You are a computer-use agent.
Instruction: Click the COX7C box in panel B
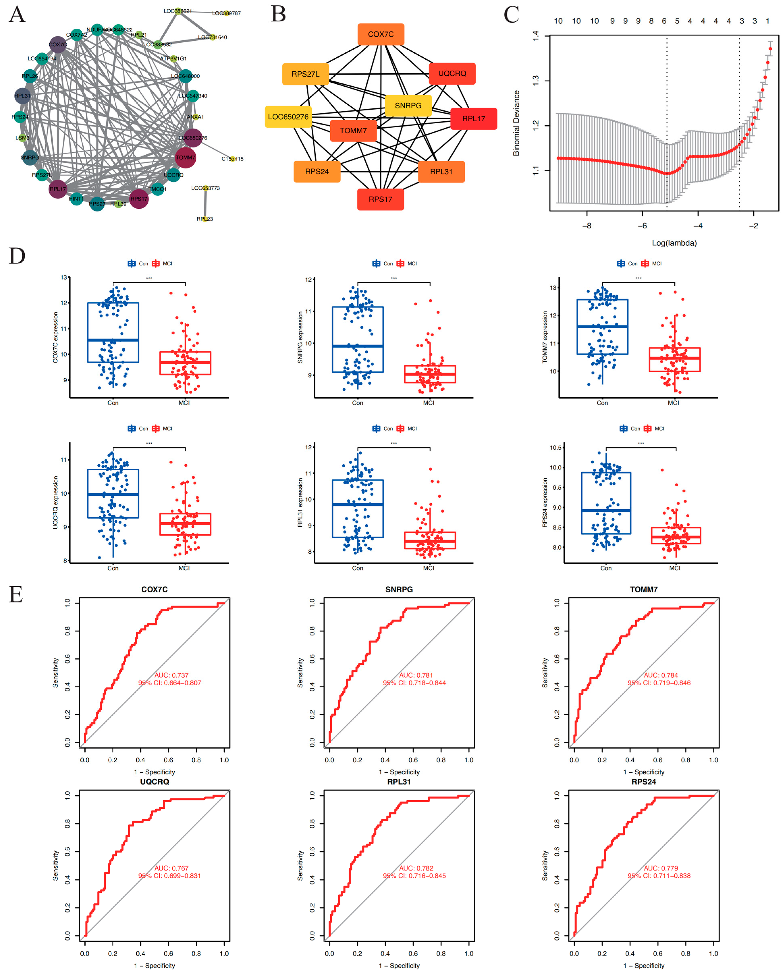[381, 34]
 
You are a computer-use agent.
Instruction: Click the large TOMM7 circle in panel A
[185, 157]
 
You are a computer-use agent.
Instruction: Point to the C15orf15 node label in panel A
[232, 159]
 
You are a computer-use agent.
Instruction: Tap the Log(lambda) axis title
[674, 243]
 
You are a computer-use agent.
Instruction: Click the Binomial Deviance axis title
[516, 123]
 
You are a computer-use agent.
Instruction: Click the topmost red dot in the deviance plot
[770, 49]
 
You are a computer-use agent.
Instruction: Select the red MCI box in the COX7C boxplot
[185, 363]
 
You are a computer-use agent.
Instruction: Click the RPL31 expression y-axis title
[300, 503]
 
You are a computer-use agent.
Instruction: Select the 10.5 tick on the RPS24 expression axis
[555, 448]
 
